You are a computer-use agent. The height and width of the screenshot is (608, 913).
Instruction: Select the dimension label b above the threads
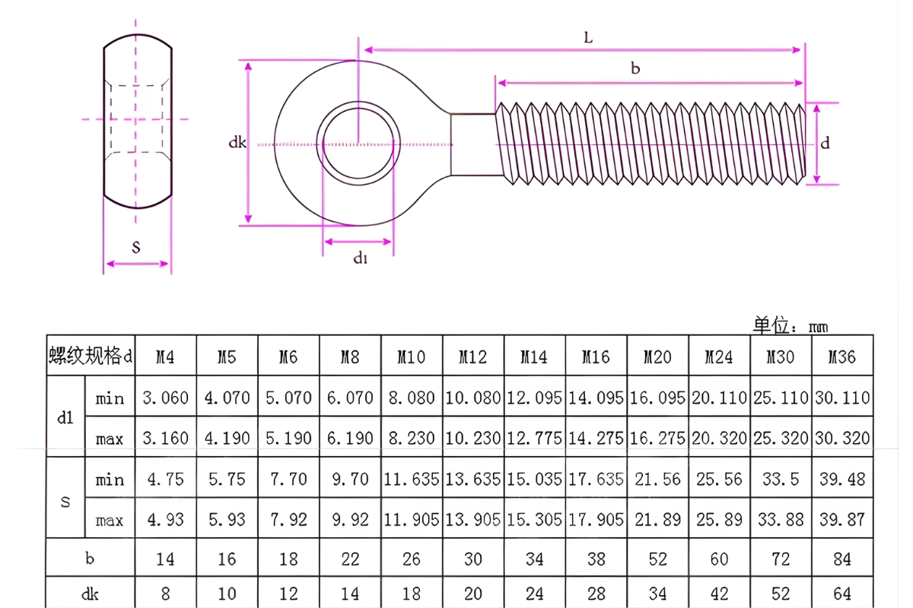(x=635, y=68)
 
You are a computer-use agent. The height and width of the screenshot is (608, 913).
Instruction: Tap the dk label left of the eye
(x=237, y=142)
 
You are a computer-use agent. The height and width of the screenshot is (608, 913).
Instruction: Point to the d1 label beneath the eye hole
(x=360, y=258)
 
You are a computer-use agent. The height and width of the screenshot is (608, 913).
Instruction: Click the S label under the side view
(x=136, y=248)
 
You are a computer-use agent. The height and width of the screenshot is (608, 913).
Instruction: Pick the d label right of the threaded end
(x=825, y=143)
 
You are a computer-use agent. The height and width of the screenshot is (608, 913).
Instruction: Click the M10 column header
(x=412, y=356)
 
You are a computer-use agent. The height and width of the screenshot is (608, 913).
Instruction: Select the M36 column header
(x=842, y=356)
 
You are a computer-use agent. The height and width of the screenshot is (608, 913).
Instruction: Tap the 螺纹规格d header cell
(x=91, y=356)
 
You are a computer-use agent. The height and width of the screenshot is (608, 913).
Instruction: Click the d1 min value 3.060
(x=165, y=397)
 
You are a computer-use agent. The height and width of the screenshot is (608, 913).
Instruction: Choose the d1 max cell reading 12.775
(x=534, y=439)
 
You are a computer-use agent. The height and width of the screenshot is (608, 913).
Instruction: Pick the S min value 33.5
(x=781, y=480)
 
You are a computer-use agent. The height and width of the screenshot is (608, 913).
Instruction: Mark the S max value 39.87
(x=842, y=521)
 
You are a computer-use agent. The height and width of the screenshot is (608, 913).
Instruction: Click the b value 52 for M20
(x=657, y=559)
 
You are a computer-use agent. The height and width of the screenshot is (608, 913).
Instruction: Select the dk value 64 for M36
(x=842, y=593)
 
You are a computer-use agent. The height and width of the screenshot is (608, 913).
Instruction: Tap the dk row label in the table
(x=90, y=593)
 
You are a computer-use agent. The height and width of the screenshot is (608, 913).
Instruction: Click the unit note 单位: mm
(x=790, y=326)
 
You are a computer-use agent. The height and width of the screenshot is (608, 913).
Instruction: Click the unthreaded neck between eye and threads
(x=473, y=144)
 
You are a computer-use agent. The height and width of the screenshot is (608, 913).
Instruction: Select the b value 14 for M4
(x=165, y=559)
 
